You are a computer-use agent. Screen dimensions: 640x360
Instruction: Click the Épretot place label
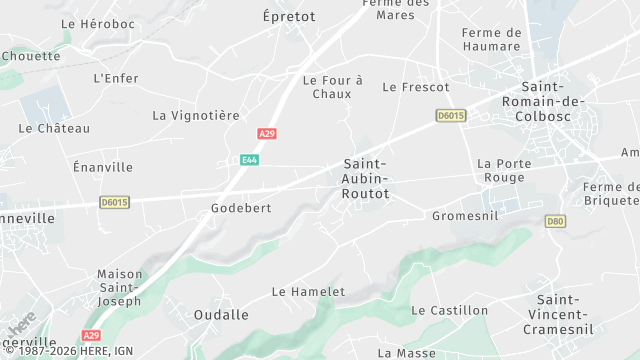tap(288, 17)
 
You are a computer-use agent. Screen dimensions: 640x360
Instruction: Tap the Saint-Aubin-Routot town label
tap(365, 178)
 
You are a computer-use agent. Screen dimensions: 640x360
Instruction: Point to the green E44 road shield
tap(250, 160)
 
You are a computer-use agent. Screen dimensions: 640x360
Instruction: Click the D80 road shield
tap(556, 221)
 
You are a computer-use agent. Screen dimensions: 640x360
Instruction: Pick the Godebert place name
tap(241, 208)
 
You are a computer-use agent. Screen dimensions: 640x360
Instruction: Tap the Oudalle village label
tap(221, 315)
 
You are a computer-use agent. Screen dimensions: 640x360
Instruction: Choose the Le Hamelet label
tap(308, 292)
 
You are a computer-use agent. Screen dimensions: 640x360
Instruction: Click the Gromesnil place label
tap(465, 216)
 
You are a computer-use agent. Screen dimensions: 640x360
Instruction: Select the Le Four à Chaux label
tap(332, 87)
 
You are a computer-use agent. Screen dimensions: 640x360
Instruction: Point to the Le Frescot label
tap(416, 88)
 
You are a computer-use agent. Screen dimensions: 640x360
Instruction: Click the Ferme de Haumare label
tap(491, 39)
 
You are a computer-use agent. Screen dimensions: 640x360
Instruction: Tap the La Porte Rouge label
tap(501, 171)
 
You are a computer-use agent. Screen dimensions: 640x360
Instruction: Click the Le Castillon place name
tap(450, 311)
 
